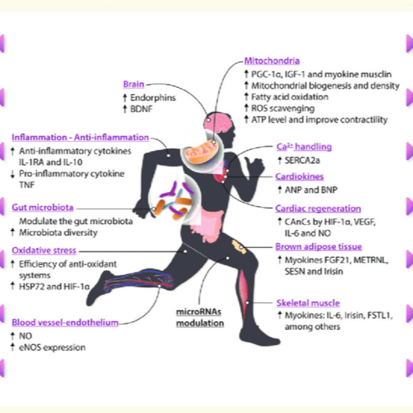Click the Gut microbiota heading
pyautogui.click(x=42, y=208)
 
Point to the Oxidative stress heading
pyautogui.click(x=44, y=250)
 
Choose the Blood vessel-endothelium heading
pyautogui.click(x=65, y=323)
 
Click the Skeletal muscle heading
pyautogui.click(x=307, y=303)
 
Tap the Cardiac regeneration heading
pyautogui.click(x=317, y=209)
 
